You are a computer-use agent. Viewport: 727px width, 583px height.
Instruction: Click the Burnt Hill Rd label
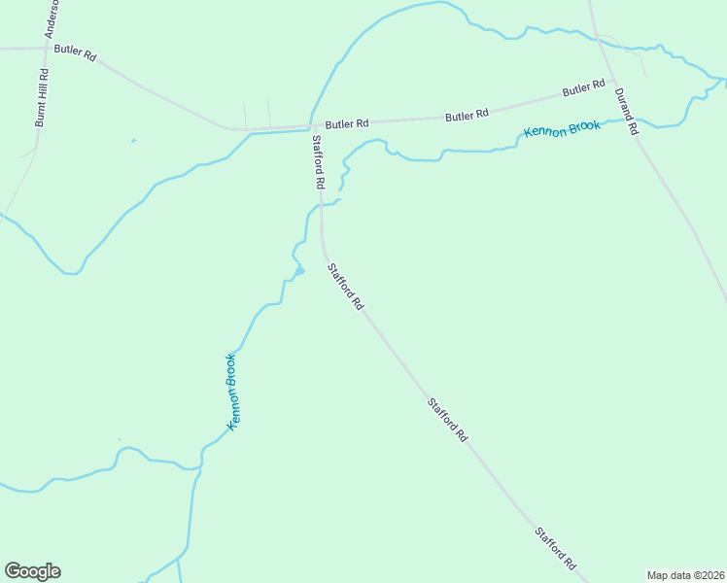[41, 98]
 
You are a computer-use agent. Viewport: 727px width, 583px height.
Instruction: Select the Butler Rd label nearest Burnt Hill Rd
[75, 52]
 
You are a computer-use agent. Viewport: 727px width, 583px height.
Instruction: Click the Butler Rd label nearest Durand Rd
[584, 90]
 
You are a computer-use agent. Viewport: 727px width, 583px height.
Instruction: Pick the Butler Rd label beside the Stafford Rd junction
[347, 124]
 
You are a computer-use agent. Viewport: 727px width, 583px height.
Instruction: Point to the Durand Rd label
[626, 111]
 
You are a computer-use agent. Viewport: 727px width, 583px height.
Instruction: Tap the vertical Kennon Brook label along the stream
[232, 392]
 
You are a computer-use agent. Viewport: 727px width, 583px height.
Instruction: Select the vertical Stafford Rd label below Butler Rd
[317, 161]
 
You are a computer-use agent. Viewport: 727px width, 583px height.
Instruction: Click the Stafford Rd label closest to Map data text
[556, 549]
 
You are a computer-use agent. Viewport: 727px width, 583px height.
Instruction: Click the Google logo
[32, 571]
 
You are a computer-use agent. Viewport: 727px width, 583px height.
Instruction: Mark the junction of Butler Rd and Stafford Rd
[312, 126]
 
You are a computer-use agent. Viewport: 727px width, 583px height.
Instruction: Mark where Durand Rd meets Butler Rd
[612, 82]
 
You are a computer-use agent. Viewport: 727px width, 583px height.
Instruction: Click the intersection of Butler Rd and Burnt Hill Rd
[47, 46]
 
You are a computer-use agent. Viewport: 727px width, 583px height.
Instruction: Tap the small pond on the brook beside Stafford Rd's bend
[299, 271]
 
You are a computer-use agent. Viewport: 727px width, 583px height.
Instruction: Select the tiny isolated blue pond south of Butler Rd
[133, 142]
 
